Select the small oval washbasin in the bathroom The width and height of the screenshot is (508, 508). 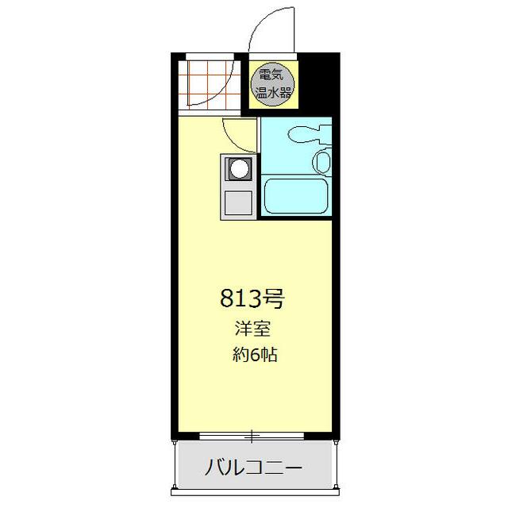coord(321,161)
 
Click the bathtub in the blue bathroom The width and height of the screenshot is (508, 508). coord(295,196)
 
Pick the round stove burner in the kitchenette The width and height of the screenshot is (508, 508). coord(238,168)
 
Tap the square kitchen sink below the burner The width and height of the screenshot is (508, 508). coord(238,203)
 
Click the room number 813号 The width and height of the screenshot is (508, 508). coord(252,299)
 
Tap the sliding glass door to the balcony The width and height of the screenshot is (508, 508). coord(252,436)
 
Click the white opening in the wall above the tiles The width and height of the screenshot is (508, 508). coord(210,56)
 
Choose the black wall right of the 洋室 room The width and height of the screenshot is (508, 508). coord(336,317)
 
